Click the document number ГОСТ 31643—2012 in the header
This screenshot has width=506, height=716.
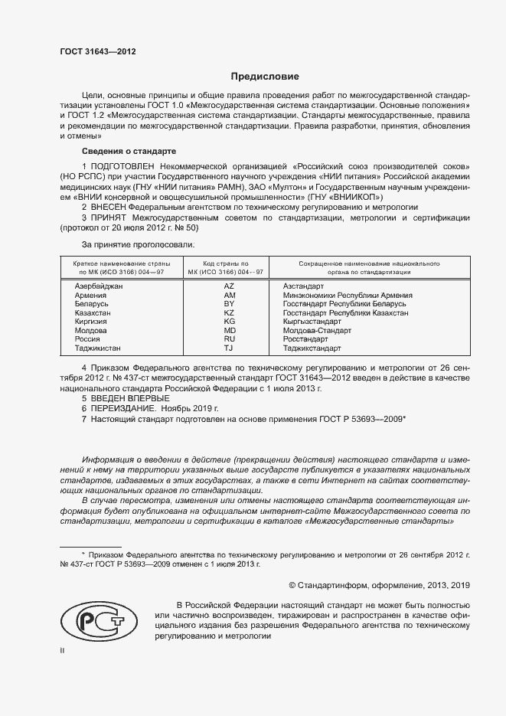(x=98, y=52)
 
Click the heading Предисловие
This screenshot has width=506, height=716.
(x=265, y=77)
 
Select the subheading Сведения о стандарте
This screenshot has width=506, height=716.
(x=129, y=151)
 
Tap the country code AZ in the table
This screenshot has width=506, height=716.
(x=229, y=286)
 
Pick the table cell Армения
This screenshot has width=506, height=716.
(x=91, y=295)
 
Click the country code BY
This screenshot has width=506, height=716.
(x=229, y=304)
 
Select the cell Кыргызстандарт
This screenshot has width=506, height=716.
(x=315, y=322)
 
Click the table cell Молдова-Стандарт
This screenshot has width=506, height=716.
(x=317, y=331)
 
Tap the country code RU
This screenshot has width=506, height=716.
(x=229, y=339)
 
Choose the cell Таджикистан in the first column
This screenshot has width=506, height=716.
(x=97, y=348)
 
